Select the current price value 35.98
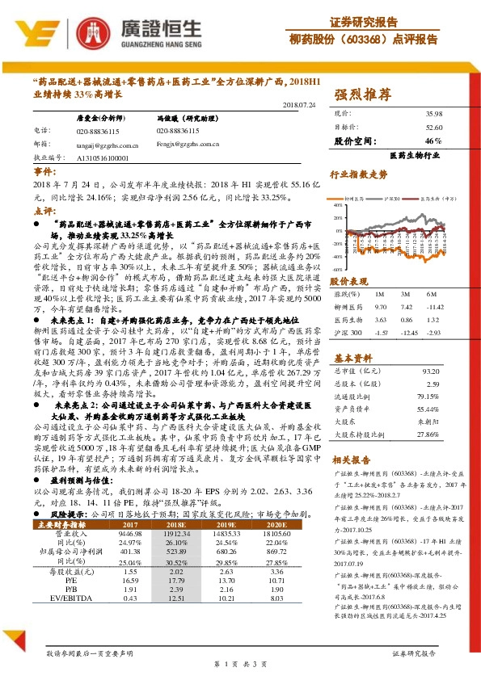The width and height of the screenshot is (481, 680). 432,115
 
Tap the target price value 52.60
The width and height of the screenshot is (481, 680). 432,127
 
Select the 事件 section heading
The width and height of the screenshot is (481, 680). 45,174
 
